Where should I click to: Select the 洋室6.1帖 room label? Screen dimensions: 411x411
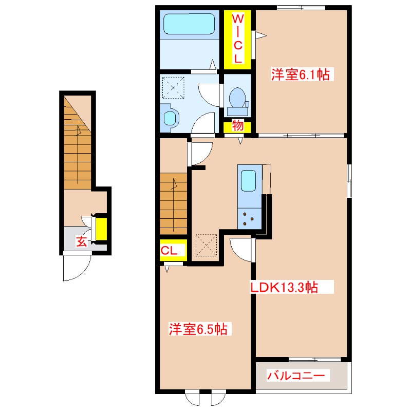301,75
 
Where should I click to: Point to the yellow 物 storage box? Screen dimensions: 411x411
237,125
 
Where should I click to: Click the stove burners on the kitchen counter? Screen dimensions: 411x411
249,219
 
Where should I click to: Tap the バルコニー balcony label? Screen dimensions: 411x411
296,377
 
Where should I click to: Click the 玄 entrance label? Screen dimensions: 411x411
82,241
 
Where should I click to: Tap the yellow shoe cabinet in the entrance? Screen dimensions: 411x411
102,229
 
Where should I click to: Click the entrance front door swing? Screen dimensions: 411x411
76,267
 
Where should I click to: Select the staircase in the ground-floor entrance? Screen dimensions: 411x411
77,141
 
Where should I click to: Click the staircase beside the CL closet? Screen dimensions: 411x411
174,203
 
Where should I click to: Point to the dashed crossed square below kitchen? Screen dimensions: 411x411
207,246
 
